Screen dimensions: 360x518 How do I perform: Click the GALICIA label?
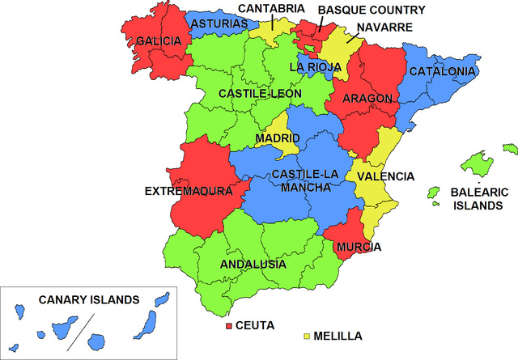point(159,40)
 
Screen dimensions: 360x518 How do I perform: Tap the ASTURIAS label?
point(219,24)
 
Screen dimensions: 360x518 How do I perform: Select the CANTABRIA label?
point(270,9)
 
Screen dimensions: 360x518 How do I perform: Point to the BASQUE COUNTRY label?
point(371,10)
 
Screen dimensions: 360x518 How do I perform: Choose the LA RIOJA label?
point(316,66)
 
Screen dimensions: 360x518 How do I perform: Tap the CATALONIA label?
point(442,72)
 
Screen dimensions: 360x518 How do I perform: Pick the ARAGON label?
point(367,99)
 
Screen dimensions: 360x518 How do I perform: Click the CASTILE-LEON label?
point(260,94)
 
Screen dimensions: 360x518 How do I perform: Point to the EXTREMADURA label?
point(188,192)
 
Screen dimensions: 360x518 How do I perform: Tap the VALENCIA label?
point(385,176)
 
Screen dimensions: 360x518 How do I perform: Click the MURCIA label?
point(359,247)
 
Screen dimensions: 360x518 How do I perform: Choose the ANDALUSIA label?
point(253,265)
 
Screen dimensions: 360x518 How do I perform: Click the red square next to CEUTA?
point(229,326)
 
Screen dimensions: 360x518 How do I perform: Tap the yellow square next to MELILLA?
point(308,335)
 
